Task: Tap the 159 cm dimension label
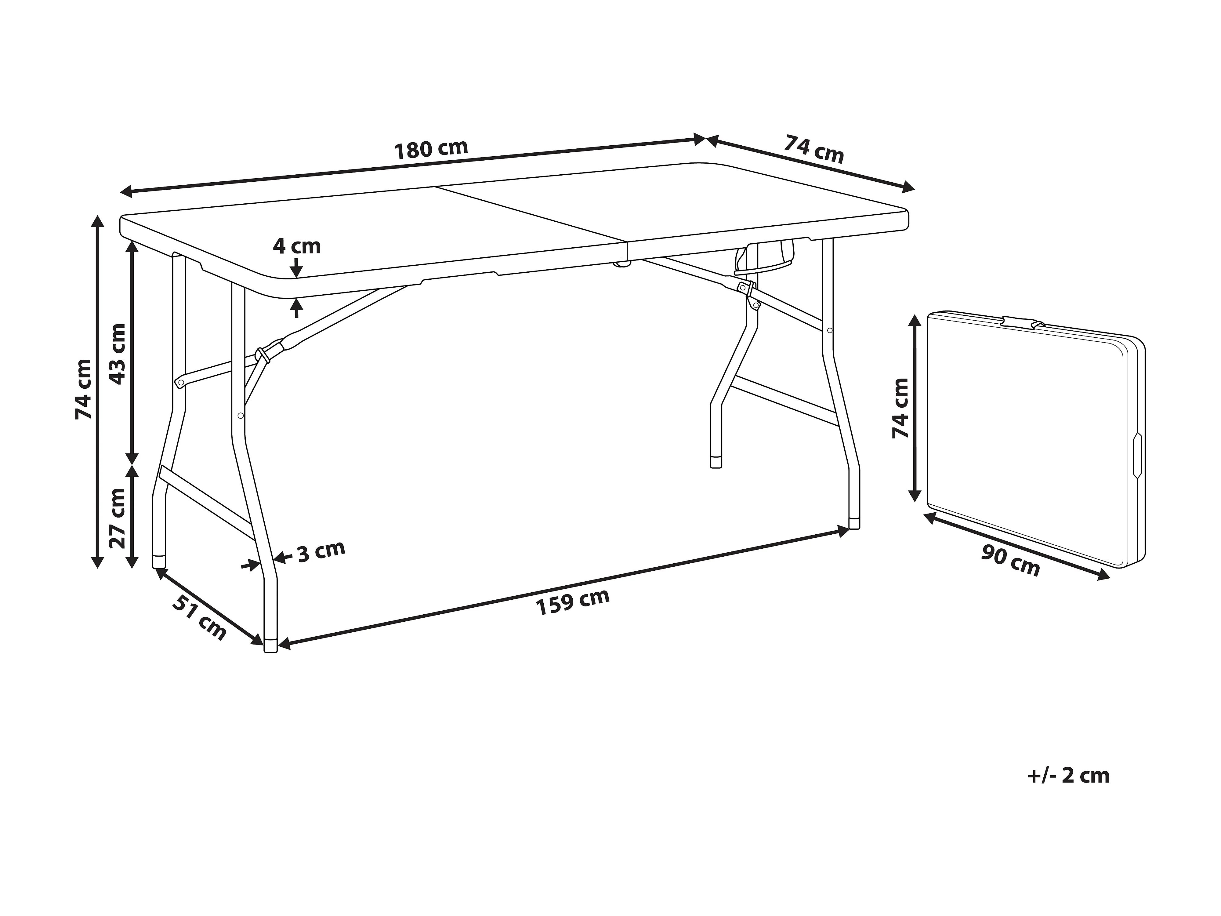573,602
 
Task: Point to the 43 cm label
117,354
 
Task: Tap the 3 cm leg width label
321,551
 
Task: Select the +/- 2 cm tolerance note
1068,776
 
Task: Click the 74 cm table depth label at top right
814,150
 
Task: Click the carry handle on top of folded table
1021,321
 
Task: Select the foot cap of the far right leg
854,523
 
